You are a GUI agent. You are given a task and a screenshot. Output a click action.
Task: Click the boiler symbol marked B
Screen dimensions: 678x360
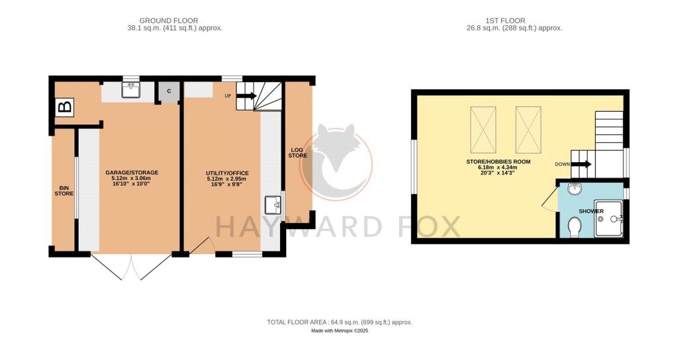[x=65, y=107]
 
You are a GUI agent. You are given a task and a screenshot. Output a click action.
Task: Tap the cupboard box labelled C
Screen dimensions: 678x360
[x=169, y=91]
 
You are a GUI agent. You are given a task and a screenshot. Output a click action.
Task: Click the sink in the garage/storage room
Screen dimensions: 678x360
[x=130, y=90]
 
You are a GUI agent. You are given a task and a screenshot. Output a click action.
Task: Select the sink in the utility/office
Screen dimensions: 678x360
[x=273, y=205]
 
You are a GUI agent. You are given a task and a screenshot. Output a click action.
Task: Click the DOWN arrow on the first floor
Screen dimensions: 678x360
[x=582, y=164]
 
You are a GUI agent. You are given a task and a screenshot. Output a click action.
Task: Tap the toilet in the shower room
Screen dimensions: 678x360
[x=574, y=227]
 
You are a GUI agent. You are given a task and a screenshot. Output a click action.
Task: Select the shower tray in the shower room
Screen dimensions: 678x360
[x=609, y=218]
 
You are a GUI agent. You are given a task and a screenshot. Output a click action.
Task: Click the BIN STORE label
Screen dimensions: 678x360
[x=64, y=191]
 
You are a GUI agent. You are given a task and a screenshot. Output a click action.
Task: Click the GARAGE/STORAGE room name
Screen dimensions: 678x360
[x=132, y=173]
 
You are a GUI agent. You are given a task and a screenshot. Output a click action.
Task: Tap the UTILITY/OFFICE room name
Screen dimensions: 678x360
[x=227, y=173]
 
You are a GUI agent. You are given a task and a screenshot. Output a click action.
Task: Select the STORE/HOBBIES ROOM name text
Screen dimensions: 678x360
[x=498, y=161]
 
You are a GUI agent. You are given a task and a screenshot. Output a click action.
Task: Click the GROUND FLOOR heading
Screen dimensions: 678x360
[x=169, y=21]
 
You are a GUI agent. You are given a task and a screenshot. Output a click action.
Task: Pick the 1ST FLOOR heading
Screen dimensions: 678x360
[x=505, y=21]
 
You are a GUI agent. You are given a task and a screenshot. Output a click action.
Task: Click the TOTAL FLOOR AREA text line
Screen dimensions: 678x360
[x=340, y=322]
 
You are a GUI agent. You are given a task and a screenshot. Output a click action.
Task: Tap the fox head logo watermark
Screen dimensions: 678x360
[x=336, y=162]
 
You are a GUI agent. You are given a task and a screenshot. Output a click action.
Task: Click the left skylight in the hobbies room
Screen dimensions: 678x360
[x=483, y=130]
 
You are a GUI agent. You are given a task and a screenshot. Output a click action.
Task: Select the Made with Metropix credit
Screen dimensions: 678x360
[x=340, y=331]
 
